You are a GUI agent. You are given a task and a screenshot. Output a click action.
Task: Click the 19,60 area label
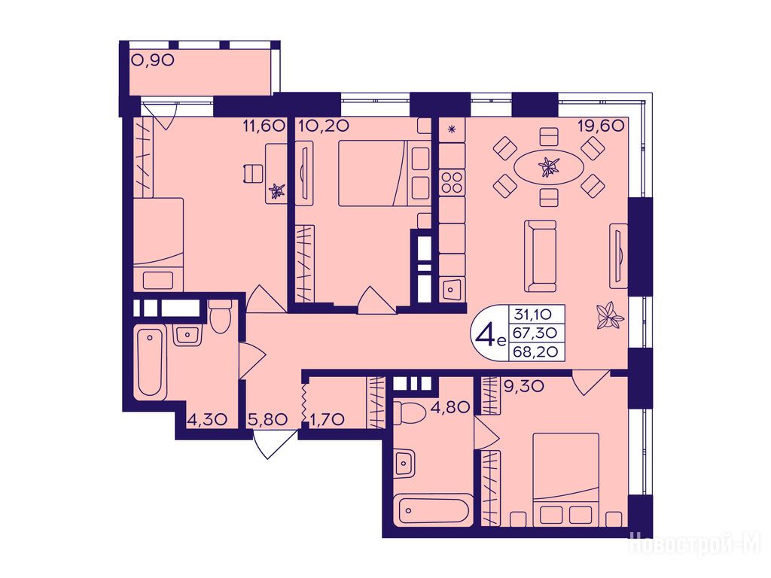pos(601,126)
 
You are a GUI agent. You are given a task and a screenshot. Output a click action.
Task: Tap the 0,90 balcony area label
pos(153,60)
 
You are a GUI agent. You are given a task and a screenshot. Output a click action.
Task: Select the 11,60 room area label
pos(264,126)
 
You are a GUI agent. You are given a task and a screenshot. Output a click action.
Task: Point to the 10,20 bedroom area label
pos(324,126)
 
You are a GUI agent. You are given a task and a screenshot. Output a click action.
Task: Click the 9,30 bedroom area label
pos(524,386)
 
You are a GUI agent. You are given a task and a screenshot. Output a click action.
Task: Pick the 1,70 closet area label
pos(328,419)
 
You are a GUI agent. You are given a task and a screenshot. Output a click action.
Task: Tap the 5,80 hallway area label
pos(268,419)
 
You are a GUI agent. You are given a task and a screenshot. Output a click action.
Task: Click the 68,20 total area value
pos(535,351)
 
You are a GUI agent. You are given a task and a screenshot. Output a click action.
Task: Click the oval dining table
pos(549,166)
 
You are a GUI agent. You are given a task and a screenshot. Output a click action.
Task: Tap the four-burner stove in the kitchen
pos(452,182)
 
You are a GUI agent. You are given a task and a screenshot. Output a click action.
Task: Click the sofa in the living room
pos(541,256)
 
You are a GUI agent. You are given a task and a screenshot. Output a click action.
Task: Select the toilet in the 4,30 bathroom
pos(220,316)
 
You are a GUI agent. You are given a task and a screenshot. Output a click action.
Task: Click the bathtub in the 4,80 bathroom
pos(434,511)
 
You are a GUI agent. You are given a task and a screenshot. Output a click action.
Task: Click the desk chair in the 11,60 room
pos(251,174)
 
